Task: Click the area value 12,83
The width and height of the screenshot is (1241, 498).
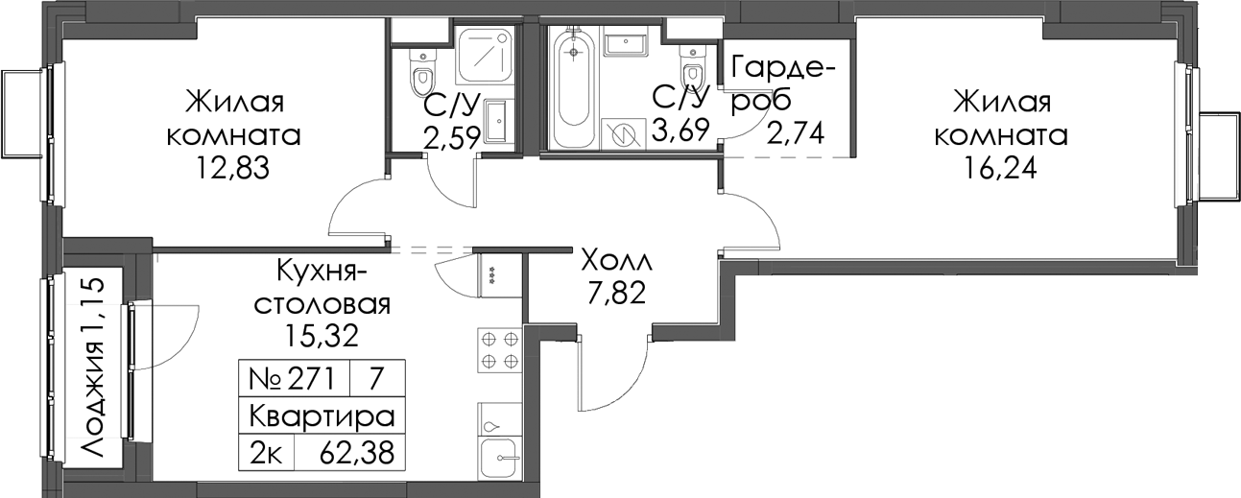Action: coord(232,169)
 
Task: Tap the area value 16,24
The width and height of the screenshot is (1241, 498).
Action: coord(999,169)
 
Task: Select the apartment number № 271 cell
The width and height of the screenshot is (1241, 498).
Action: coord(294,379)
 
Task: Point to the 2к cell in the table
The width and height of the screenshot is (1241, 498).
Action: coord(267,453)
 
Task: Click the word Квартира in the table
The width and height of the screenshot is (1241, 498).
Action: coord(322,415)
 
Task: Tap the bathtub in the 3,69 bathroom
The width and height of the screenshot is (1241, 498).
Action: coord(573,83)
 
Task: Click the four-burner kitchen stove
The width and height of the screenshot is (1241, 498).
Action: coord(499,350)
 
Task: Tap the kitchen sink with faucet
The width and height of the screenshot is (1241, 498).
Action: coord(499,458)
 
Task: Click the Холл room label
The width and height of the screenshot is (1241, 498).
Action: coord(616,260)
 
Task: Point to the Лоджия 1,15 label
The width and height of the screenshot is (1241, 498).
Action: coord(92,368)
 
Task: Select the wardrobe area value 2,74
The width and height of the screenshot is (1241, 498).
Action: coord(796,133)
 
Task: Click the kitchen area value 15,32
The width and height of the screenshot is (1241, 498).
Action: coord(322,335)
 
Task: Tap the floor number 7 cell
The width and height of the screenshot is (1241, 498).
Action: coord(377,379)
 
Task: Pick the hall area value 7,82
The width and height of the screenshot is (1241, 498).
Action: coord(616,293)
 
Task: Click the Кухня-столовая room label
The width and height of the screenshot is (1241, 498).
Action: coord(322,288)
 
